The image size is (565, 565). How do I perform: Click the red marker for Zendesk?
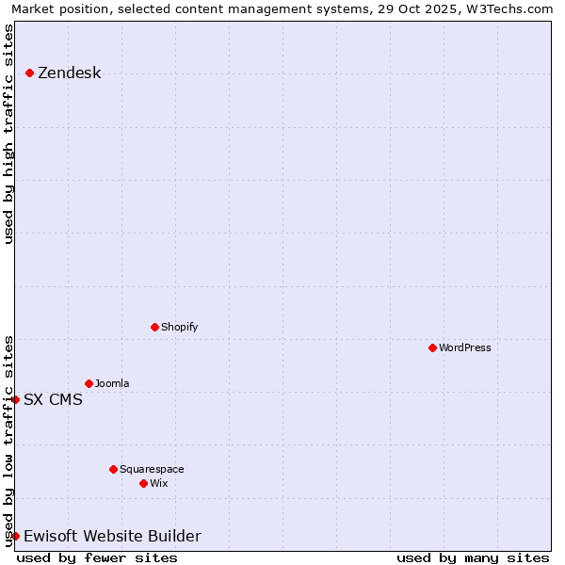30,73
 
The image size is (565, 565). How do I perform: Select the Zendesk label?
69,73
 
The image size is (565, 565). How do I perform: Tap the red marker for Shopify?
154,327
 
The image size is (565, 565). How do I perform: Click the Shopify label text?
179,327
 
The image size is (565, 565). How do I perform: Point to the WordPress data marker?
432,347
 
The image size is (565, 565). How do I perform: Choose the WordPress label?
464,347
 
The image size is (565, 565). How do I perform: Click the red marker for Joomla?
89,383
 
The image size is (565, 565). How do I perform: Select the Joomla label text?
112,383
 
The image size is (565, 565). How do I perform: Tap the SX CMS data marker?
15,399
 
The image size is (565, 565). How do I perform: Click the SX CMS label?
53,399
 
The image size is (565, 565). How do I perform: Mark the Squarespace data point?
113,469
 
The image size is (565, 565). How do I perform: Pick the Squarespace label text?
152,469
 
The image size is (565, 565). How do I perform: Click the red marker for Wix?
143,483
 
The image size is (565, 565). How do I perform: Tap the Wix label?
158,483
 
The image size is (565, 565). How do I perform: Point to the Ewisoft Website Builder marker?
15,536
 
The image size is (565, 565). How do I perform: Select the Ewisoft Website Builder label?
112,536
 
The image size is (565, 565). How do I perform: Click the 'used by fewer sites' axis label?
97,557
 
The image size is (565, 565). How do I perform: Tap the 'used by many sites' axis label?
473,557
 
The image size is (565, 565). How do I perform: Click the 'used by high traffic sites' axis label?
8,134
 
